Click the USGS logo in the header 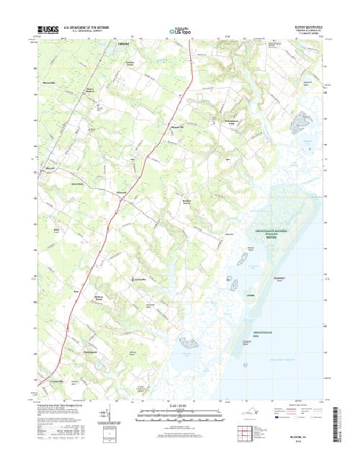pyautogui.click(x=44, y=30)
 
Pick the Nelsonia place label pyautogui.click(x=121, y=195)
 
